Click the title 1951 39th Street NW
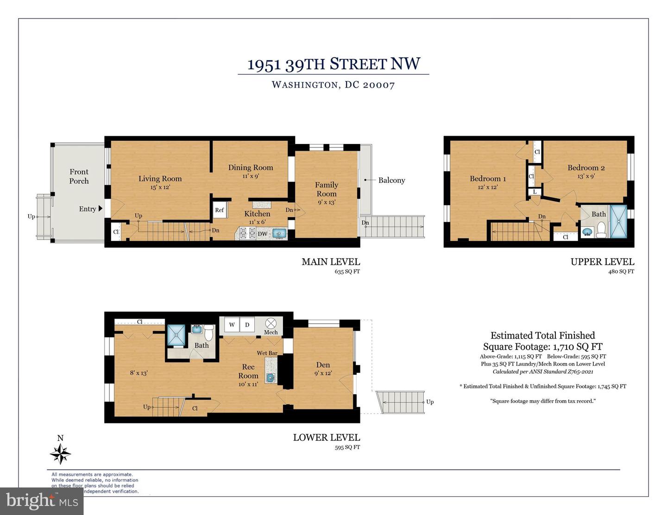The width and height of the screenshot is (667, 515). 333,64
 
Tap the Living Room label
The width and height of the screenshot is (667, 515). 160,178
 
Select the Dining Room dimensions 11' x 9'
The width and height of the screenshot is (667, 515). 251,176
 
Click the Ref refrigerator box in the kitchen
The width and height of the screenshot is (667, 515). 220,210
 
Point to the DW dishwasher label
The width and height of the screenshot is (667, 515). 262,234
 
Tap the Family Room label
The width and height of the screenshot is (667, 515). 327,189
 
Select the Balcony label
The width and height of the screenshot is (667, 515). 391,180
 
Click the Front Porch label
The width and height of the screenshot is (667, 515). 79,176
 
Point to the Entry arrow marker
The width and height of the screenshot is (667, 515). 101,209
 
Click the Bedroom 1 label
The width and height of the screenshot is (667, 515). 488,178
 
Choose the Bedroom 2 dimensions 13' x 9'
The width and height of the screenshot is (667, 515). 586,176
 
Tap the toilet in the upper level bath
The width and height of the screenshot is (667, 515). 601,230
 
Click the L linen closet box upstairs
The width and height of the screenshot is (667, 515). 535,191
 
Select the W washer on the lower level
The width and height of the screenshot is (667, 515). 232,325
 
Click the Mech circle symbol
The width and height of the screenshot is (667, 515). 271,323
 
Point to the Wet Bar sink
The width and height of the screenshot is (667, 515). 270,377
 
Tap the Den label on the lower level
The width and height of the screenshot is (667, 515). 323,365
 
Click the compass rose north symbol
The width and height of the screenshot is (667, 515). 61,453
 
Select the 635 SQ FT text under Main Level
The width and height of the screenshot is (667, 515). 347,271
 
